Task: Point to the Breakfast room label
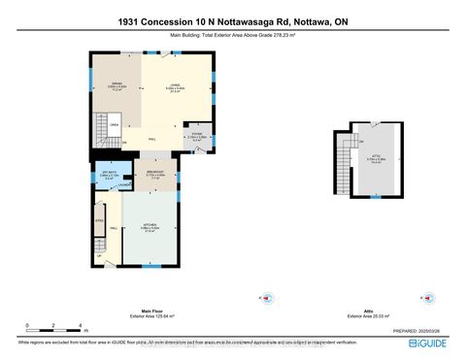154,176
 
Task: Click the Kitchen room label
151,229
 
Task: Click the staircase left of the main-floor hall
101,129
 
